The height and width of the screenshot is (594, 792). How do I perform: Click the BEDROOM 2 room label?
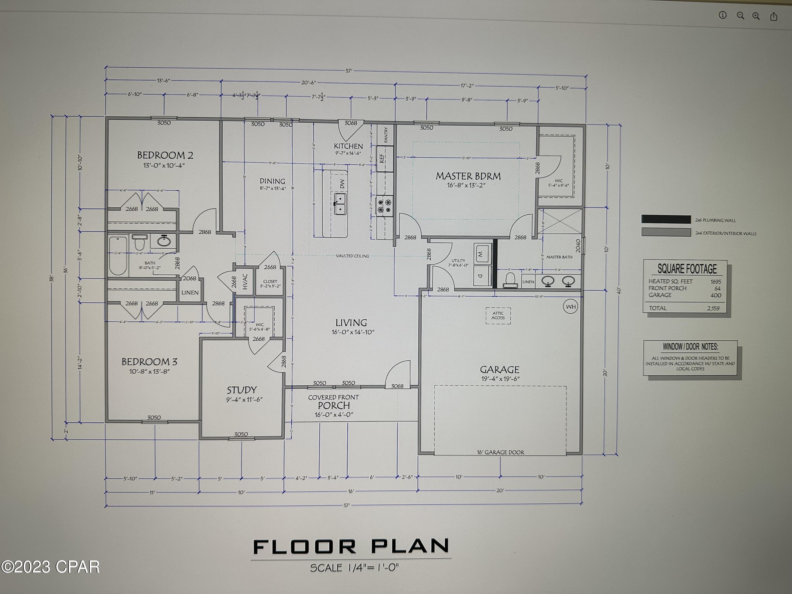165,155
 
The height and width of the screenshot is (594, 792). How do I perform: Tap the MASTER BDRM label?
468,176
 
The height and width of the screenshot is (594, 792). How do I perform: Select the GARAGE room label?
499,370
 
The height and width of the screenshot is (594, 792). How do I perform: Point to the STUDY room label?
242,390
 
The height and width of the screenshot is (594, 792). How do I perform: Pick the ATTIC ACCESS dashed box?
498,315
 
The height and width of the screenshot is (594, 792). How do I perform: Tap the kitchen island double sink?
340,204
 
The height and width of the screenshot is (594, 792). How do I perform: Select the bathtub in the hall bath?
118,255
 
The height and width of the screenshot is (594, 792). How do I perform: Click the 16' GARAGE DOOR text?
500,452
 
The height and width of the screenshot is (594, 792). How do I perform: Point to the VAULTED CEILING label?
352,256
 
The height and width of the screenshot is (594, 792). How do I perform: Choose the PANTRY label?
386,135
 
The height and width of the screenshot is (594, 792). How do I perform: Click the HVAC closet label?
245,281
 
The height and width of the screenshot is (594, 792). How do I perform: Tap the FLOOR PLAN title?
351,547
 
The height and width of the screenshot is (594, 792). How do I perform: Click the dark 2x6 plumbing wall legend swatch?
666,219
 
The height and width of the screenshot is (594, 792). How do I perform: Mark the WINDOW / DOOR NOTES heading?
690,347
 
